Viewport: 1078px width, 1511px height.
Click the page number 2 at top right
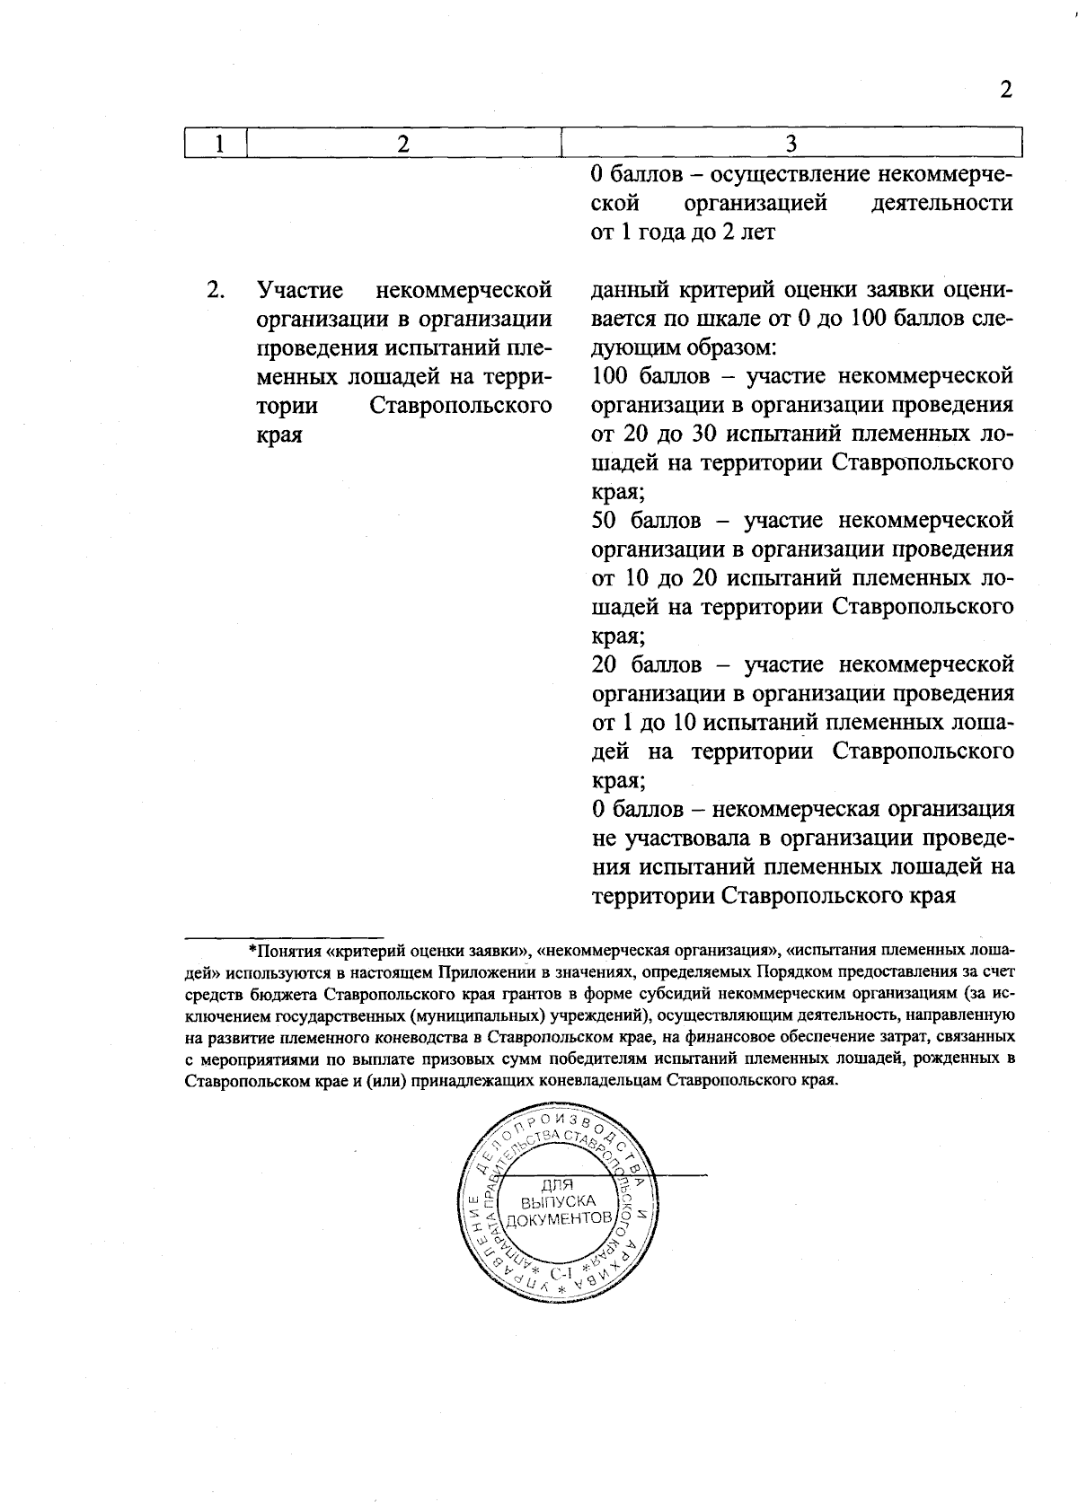point(1006,90)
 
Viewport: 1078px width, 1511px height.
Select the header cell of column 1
point(216,144)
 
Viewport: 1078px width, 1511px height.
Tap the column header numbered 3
point(791,144)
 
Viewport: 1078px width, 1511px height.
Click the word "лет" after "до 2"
point(758,233)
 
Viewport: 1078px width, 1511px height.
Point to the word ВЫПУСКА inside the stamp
point(559,1201)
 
